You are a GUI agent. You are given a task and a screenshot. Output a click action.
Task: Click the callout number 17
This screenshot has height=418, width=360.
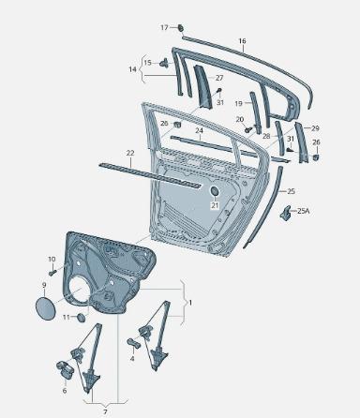pos(164,28)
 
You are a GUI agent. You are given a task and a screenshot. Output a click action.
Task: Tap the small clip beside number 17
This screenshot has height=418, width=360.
pos(181,28)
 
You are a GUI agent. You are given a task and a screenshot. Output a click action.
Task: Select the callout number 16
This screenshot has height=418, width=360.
pos(242,41)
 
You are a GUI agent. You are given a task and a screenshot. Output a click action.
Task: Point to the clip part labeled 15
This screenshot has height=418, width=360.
pos(164,63)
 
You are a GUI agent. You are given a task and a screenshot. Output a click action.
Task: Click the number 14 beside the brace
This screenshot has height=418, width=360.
pos(132,69)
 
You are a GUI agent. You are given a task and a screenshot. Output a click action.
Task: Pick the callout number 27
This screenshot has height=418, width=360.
pos(219,78)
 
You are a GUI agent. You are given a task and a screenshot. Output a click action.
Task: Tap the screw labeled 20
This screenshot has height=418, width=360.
pos(248,129)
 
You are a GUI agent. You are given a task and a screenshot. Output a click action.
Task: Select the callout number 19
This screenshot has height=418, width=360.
pos(238,103)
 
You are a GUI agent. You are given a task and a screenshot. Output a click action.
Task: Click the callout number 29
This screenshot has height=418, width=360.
pos(315,128)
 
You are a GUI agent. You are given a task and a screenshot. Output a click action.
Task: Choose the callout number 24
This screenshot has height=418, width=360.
pos(199,130)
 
